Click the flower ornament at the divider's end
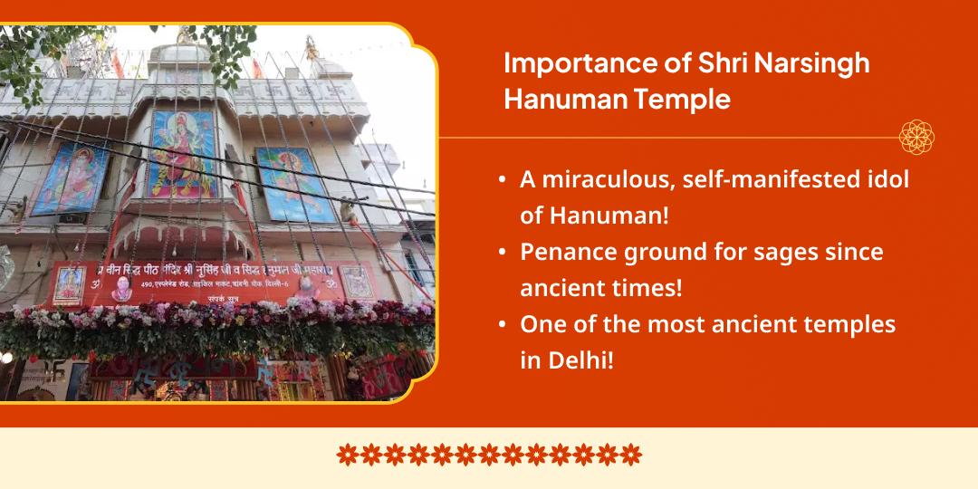click(x=916, y=138)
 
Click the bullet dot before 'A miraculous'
click(x=502, y=180)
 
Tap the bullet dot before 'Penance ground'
click(x=502, y=253)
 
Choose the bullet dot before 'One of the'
click(x=502, y=325)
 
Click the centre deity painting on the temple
click(x=183, y=153)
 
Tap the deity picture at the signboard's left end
click(x=69, y=283)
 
